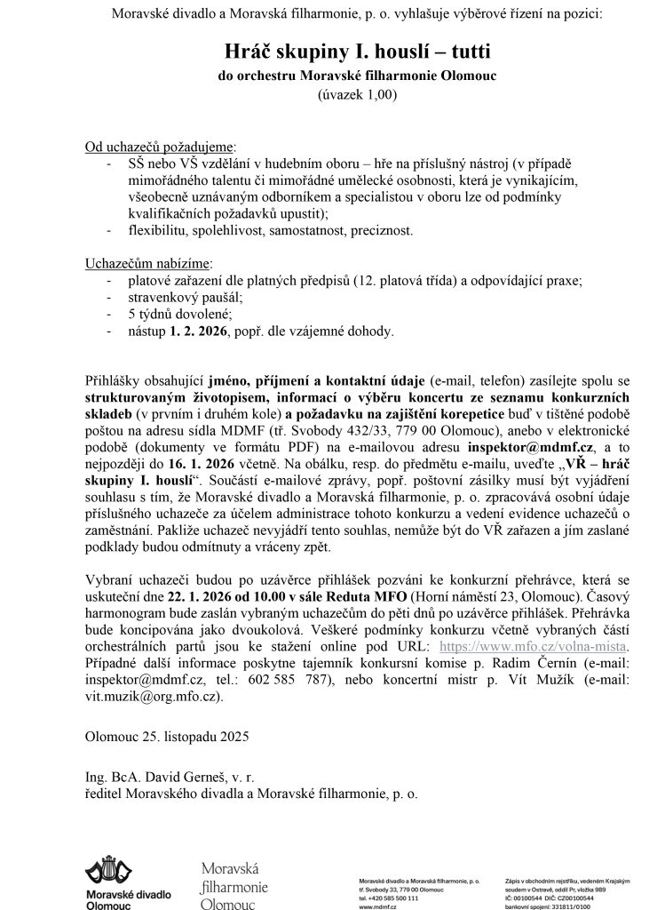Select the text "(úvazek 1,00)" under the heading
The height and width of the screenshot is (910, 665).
pyautogui.click(x=355, y=94)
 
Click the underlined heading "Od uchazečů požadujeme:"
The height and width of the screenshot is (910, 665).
pyautogui.click(x=161, y=146)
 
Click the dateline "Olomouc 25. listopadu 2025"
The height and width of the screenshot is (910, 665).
pyautogui.click(x=166, y=736)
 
